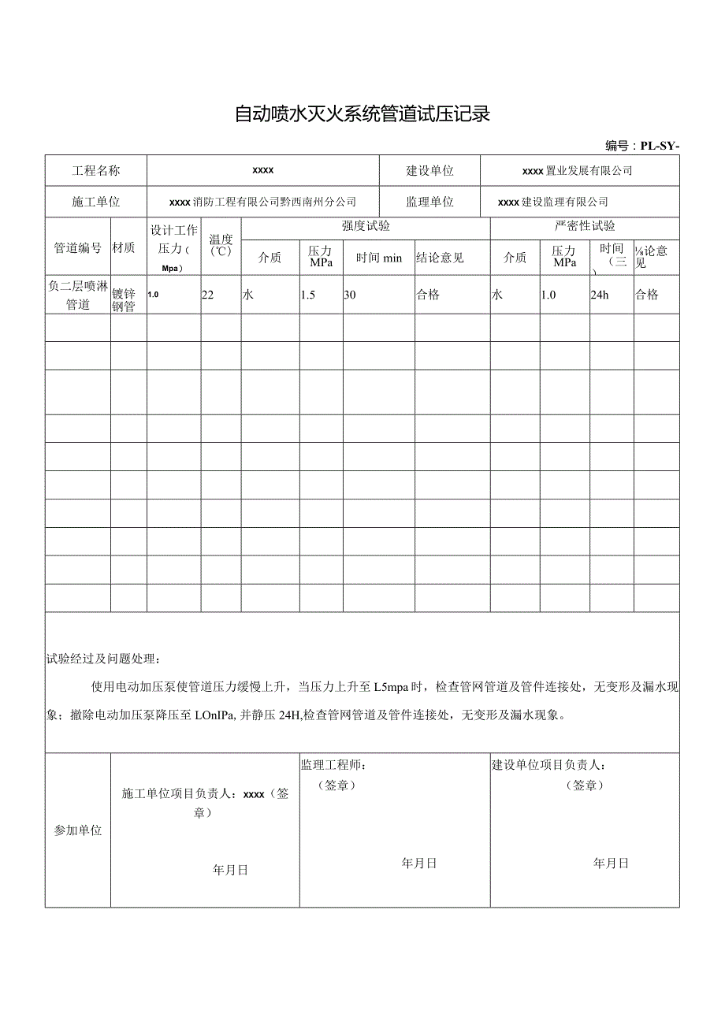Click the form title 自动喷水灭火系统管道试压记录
tap(362, 114)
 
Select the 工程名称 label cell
tap(96, 170)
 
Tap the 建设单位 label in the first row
tap(429, 170)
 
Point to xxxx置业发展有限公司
tap(577, 170)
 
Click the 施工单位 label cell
tap(96, 202)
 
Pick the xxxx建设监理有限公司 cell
tap(553, 202)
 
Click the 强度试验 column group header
tap(366, 227)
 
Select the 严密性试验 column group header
tap(585, 227)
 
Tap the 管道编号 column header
tap(77, 247)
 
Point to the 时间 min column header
tap(379, 258)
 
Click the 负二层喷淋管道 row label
tap(77, 295)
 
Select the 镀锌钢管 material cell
tap(125, 300)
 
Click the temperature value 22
tap(208, 295)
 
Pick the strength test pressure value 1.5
tap(308, 295)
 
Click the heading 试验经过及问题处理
tap(104, 658)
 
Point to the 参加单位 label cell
tap(77, 830)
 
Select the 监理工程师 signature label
tap(333, 764)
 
